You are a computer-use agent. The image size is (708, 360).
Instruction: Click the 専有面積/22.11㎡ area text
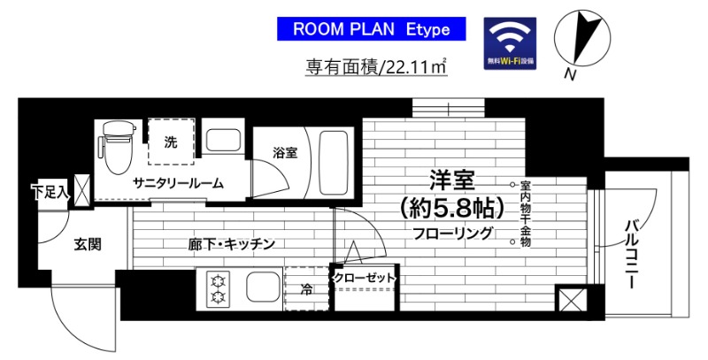click(x=375, y=65)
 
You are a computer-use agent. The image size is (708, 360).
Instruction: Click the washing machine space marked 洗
click(x=171, y=141)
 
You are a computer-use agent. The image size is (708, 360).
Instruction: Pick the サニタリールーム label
click(x=177, y=183)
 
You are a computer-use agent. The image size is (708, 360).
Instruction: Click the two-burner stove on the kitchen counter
click(x=217, y=288)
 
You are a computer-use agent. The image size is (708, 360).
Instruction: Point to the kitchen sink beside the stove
click(x=262, y=288)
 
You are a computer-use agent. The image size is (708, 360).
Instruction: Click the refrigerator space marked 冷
click(x=306, y=288)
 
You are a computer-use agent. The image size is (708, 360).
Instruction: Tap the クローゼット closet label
click(x=364, y=279)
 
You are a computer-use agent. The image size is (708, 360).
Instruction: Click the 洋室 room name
click(x=451, y=180)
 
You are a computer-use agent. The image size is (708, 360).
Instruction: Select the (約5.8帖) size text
click(x=451, y=209)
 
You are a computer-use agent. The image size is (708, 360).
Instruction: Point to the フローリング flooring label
click(x=451, y=235)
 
